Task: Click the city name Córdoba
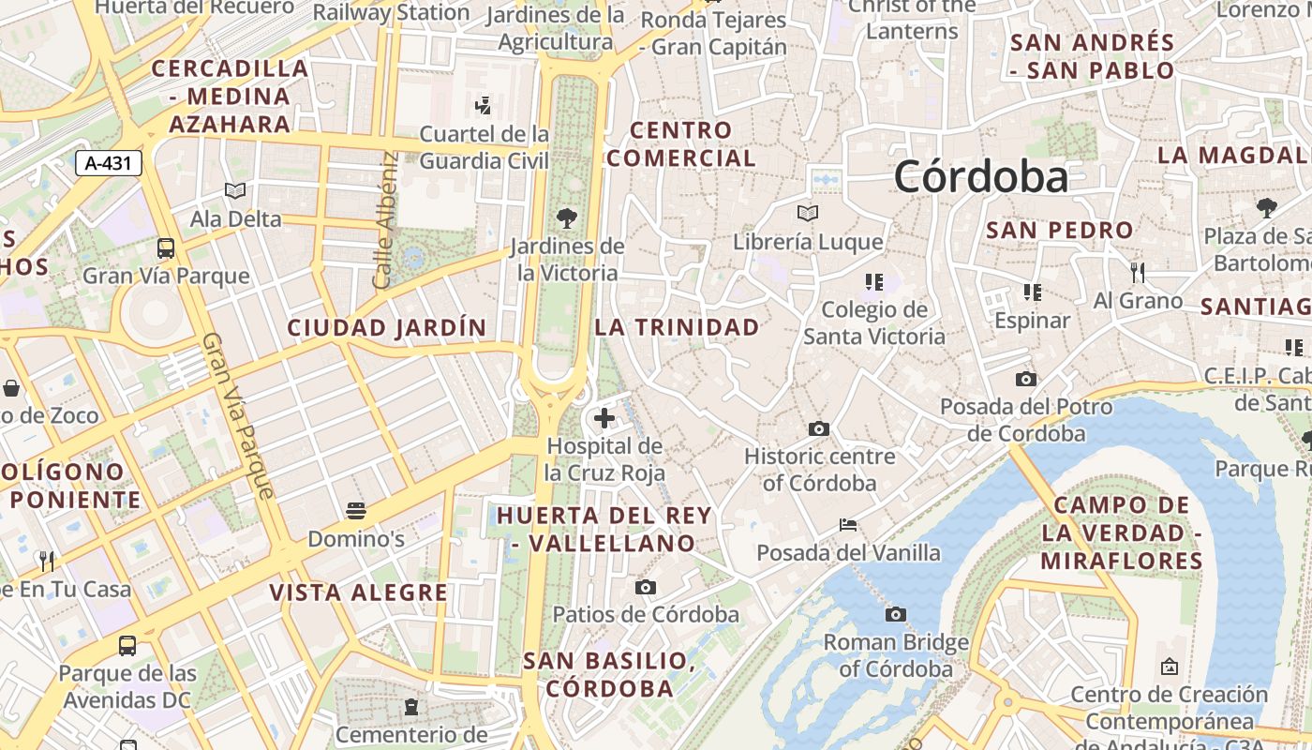click(980, 176)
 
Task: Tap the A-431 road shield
click(108, 163)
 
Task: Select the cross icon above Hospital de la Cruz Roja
click(604, 418)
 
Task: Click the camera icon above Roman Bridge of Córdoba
click(896, 615)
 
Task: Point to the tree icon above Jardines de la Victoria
click(566, 218)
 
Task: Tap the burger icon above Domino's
click(356, 511)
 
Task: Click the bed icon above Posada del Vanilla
click(848, 525)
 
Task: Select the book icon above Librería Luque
click(808, 214)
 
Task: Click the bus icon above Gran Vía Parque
click(166, 248)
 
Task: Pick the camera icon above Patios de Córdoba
click(646, 588)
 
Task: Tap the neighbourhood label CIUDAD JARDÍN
click(387, 328)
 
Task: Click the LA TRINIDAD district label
click(677, 327)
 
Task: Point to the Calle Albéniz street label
click(385, 220)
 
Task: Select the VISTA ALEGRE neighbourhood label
click(359, 592)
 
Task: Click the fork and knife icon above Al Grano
click(1138, 273)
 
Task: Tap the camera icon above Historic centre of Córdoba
click(819, 429)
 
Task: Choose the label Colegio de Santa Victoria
click(874, 322)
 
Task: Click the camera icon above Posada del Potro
click(1026, 380)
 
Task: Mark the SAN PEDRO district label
click(1060, 230)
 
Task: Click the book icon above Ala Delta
click(235, 191)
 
